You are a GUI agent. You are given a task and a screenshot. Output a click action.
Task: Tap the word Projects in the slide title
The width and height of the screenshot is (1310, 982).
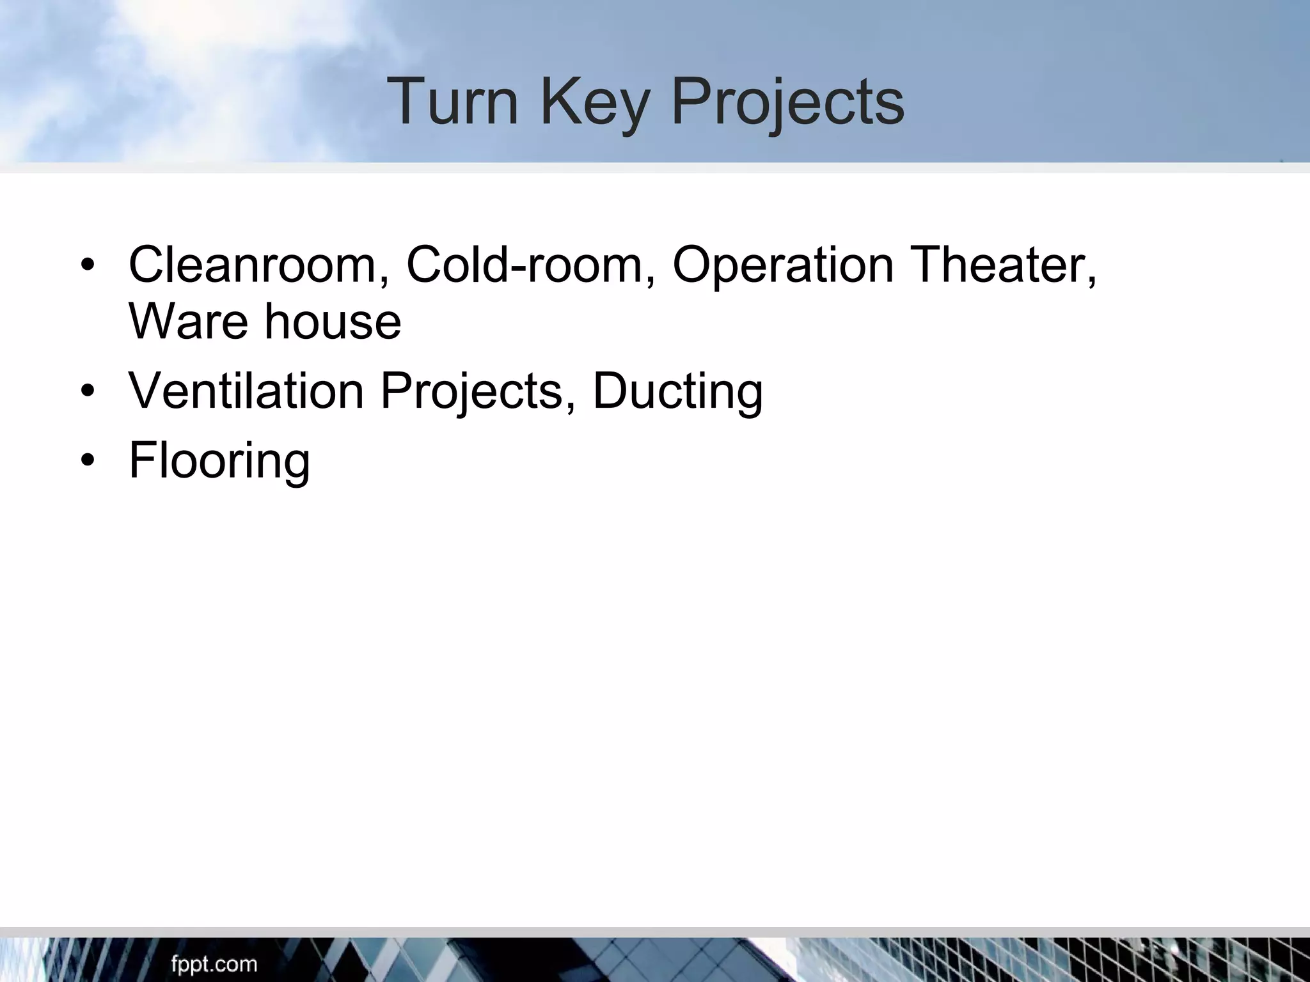787,102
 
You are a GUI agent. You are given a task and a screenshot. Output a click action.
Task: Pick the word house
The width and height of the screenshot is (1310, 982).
333,321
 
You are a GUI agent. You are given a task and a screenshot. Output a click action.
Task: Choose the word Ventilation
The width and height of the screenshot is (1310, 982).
246,391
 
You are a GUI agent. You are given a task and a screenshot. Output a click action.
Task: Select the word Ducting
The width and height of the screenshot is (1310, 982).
677,391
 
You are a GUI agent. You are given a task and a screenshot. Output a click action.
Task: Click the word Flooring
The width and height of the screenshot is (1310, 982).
219,460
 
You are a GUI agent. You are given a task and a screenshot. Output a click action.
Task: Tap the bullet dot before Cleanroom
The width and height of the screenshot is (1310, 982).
88,265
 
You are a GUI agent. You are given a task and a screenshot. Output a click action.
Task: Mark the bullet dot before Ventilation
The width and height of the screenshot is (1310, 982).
88,391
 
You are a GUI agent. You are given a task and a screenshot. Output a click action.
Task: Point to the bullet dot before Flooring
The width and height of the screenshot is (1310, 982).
88,461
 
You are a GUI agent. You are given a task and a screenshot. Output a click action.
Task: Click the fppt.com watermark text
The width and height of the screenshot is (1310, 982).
214,964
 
